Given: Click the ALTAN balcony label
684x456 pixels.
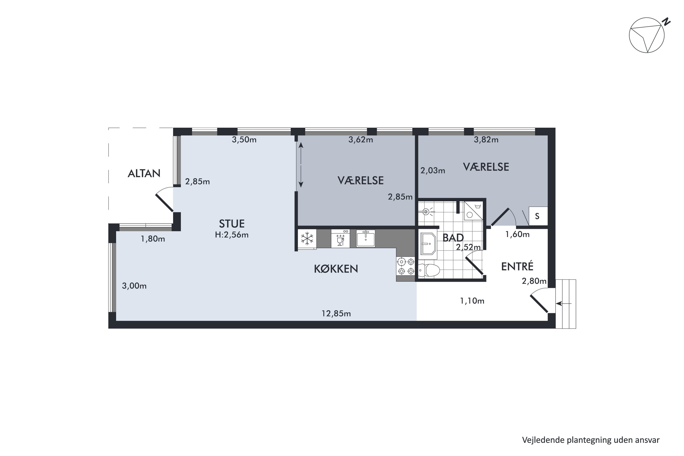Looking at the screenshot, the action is pyautogui.click(x=144, y=174).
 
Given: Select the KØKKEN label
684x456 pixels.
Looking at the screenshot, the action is pyautogui.click(x=336, y=269).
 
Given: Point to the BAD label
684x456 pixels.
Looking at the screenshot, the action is pyautogui.click(x=453, y=238).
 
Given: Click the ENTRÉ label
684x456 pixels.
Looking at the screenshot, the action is pyautogui.click(x=517, y=266).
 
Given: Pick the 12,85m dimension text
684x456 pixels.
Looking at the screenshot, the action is pyautogui.click(x=336, y=313).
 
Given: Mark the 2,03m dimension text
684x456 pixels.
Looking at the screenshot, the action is pyautogui.click(x=433, y=170).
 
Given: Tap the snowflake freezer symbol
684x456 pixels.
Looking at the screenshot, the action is pyautogui.click(x=307, y=239).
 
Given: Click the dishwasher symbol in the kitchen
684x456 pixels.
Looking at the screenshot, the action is pyautogui.click(x=340, y=239).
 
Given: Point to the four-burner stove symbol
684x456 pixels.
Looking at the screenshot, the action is pyautogui.click(x=406, y=266).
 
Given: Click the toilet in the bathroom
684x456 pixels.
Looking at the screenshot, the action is pyautogui.click(x=428, y=270).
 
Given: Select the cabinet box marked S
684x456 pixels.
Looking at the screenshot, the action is pyautogui.click(x=538, y=216).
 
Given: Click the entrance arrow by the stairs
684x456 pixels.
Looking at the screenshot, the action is pyautogui.click(x=564, y=304).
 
